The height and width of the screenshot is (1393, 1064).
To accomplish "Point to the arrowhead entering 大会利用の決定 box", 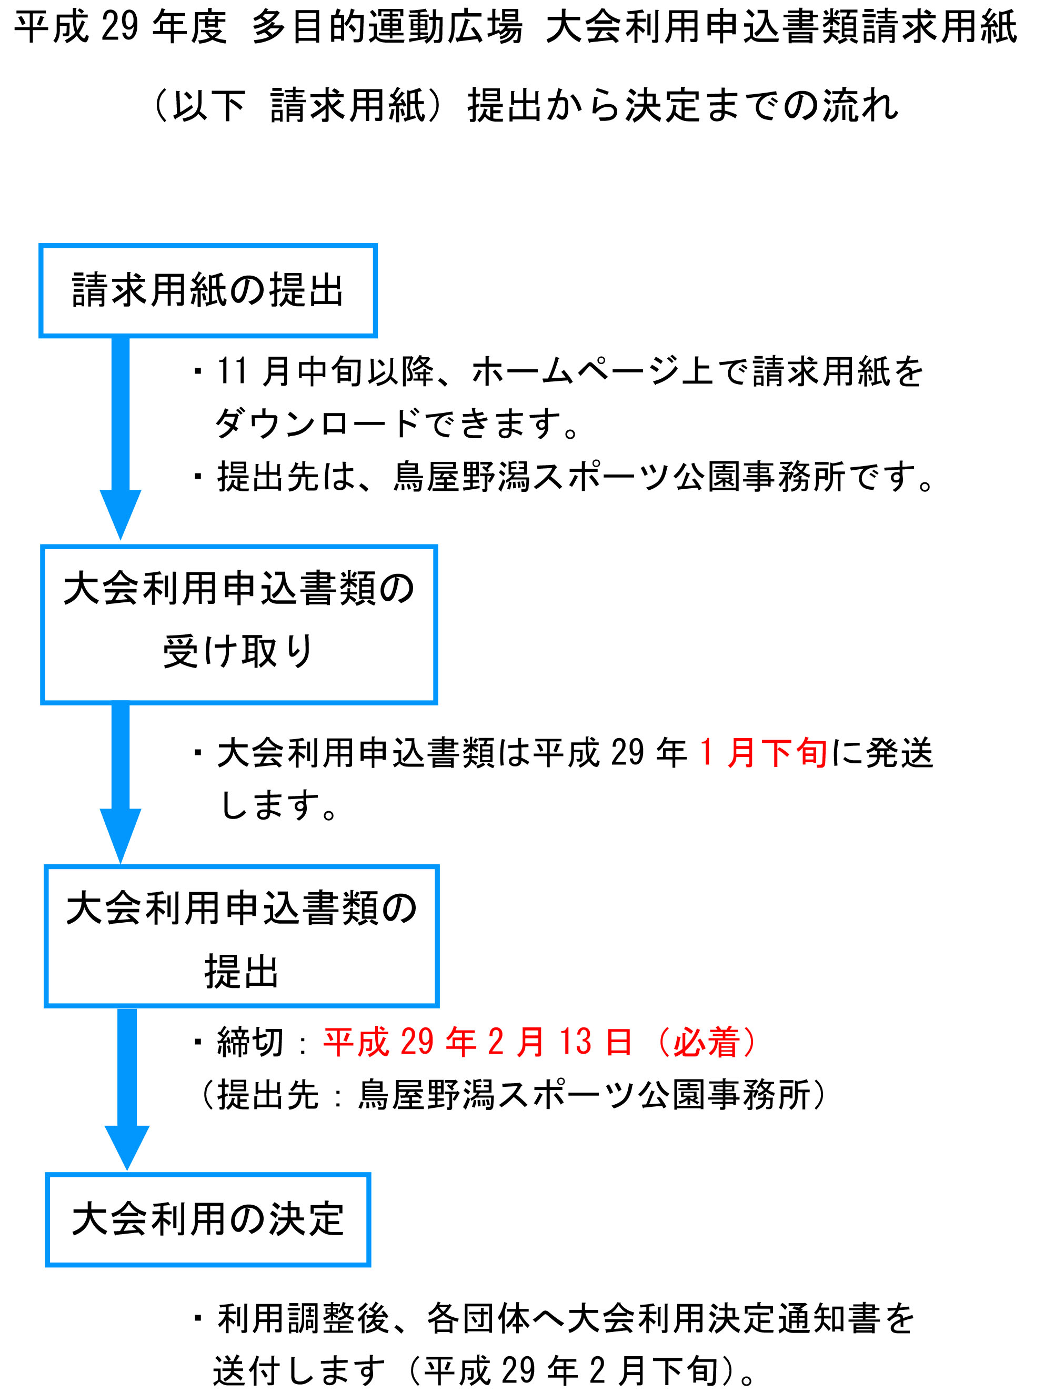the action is [x=127, y=1147].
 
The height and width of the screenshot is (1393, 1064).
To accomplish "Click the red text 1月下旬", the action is [x=763, y=753].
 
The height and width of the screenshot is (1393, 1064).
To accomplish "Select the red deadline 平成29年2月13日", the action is [x=478, y=1042].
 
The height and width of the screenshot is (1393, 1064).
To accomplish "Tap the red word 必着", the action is [x=706, y=1042].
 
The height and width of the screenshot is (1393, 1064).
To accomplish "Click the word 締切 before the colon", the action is [x=250, y=1042].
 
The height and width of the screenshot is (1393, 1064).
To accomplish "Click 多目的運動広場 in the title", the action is [x=388, y=27].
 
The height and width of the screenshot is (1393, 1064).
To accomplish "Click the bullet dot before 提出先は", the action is [x=198, y=476].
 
